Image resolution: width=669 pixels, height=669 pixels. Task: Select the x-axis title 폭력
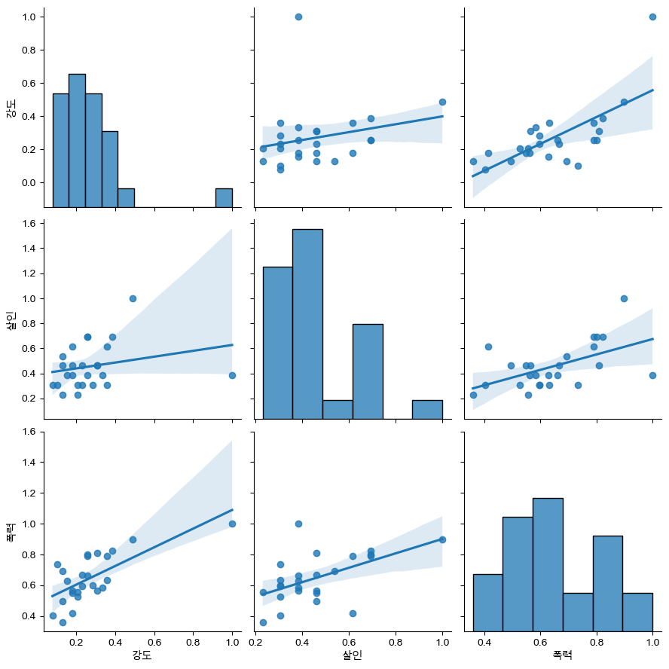(558, 655)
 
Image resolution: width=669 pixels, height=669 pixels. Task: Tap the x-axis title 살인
(348, 655)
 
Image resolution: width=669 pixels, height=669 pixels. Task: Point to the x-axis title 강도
(142, 655)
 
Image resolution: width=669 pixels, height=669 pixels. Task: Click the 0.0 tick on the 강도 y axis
(29, 183)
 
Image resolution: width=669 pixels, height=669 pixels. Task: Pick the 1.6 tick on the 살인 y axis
(29, 223)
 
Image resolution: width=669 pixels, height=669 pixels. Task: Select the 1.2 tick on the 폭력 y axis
(29, 493)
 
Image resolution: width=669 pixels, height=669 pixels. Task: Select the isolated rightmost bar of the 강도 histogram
(224, 197)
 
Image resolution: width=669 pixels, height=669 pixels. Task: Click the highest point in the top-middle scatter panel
(298, 17)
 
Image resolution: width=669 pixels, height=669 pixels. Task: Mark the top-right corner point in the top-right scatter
(652, 17)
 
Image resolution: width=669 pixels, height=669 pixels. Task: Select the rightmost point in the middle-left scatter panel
(232, 375)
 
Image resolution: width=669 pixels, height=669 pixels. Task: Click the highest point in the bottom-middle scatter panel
(298, 524)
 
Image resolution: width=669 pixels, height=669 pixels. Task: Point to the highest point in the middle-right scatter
(624, 298)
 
